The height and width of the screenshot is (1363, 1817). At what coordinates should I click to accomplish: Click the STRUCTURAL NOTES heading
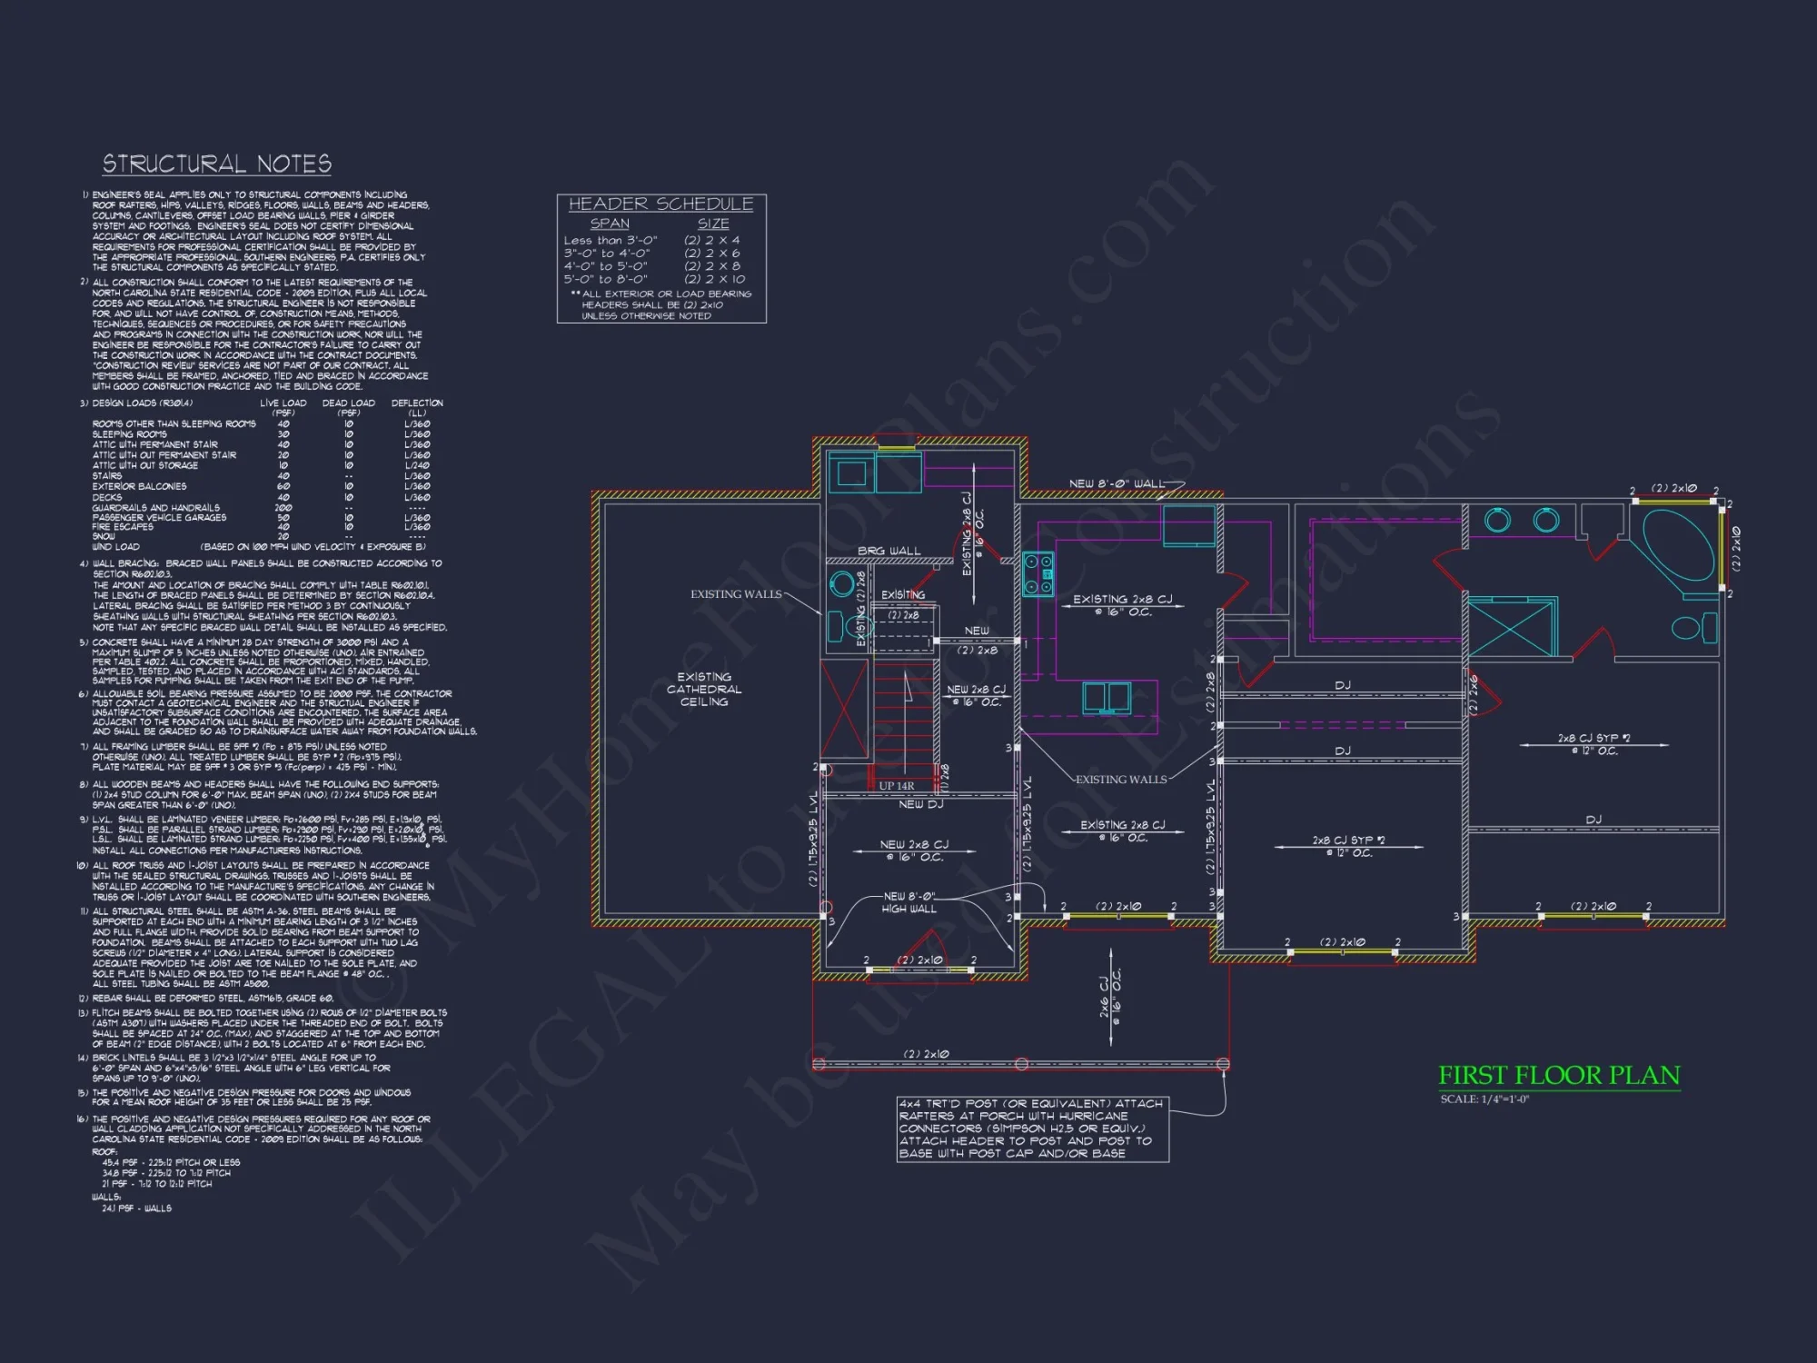[x=216, y=164]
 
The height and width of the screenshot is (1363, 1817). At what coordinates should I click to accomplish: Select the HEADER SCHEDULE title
[x=660, y=204]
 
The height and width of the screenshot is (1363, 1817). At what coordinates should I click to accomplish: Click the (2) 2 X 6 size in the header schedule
[x=712, y=254]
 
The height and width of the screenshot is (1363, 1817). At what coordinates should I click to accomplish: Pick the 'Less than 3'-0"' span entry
[x=610, y=241]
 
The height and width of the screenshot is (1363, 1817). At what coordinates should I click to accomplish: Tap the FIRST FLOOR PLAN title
[x=1559, y=1076]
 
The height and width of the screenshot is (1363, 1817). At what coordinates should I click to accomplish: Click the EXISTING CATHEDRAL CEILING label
[x=704, y=690]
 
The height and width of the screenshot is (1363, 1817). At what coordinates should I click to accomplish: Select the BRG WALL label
[x=889, y=552]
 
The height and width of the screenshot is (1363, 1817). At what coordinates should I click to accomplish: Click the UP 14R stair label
[x=896, y=786]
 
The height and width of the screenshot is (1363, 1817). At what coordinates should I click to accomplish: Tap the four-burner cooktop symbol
[x=1038, y=574]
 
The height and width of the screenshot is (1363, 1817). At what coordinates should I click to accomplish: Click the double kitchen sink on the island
[x=1107, y=698]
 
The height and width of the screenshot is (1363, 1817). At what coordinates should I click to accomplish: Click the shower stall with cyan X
[x=1512, y=627]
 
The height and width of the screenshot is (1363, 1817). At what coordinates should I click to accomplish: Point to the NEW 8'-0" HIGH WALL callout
[x=908, y=902]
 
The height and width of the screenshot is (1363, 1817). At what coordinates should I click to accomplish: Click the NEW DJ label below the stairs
[x=920, y=804]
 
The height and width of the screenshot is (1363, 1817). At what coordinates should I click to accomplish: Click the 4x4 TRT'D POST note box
[x=1032, y=1129]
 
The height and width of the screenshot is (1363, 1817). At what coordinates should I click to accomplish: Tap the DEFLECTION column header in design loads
[x=417, y=403]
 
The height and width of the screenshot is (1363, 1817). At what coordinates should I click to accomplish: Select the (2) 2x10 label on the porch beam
[x=925, y=1054]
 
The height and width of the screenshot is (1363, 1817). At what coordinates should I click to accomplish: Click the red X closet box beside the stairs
[x=845, y=710]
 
